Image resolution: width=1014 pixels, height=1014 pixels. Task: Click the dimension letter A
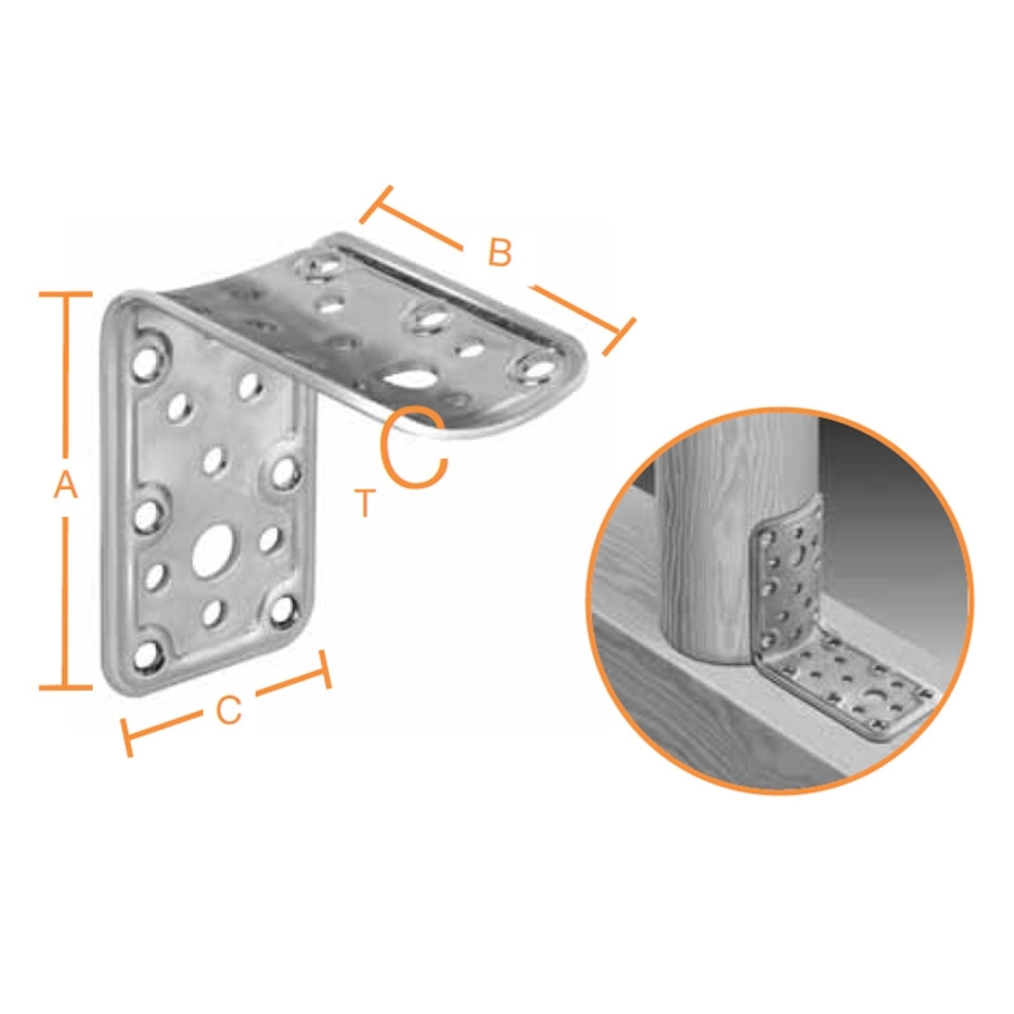click(x=65, y=485)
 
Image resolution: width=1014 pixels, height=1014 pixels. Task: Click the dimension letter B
click(x=499, y=252)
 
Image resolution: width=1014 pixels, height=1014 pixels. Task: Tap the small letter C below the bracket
click(x=229, y=711)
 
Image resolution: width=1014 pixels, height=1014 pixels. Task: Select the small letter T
click(x=365, y=503)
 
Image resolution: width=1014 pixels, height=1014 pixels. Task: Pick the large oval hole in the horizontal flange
click(x=409, y=377)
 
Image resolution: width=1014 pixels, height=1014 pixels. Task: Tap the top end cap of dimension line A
click(x=65, y=294)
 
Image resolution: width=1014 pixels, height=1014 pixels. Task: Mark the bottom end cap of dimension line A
click(x=65, y=687)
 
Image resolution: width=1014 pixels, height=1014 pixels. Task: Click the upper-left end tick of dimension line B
click(x=376, y=203)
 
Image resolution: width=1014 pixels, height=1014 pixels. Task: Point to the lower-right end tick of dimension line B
click(x=620, y=337)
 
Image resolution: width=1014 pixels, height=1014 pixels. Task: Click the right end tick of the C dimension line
click(x=325, y=670)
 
